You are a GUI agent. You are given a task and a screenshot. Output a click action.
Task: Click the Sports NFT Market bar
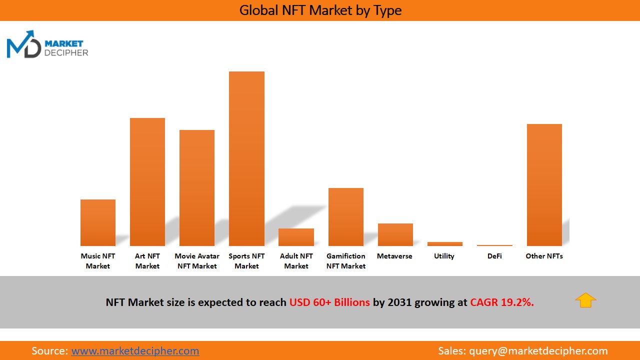246,158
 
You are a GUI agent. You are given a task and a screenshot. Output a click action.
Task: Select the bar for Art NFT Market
147,182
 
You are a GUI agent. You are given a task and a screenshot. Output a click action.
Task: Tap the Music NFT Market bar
98,222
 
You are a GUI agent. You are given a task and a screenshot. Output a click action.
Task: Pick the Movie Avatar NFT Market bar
197,188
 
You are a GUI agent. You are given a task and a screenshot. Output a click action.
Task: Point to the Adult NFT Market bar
296,237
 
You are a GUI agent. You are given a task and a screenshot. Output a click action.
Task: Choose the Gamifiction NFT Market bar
346,217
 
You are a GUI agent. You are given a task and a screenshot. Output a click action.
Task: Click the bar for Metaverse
395,234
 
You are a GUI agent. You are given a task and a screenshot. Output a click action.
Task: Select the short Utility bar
444,244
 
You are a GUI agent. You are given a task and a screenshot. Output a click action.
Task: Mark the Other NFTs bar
544,185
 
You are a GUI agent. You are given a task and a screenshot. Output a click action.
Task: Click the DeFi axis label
494,256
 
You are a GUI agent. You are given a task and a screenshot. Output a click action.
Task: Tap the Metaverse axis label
394,256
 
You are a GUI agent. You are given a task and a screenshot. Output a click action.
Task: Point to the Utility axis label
444,256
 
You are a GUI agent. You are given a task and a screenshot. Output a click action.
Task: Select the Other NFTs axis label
544,256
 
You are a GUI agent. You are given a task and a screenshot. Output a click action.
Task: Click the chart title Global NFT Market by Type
320,10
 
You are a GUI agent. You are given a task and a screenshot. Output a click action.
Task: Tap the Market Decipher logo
47,45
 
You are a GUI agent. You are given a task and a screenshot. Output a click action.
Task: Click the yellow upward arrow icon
585,300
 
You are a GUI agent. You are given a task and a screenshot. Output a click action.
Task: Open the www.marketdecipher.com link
135,351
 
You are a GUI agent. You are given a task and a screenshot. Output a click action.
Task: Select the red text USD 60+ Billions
329,302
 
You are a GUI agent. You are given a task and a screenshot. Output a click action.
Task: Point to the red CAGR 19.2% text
501,302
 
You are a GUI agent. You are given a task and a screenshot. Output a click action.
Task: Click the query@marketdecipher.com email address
538,351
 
